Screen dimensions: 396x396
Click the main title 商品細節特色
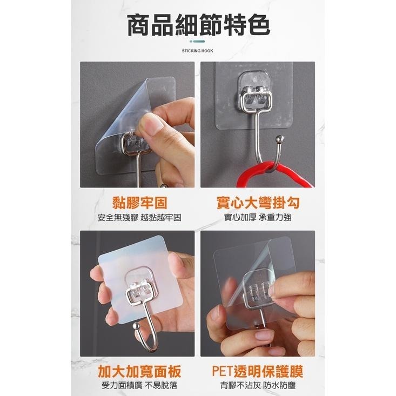pyautogui.click(x=198, y=25)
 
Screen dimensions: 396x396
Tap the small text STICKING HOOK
pyautogui.click(x=198, y=51)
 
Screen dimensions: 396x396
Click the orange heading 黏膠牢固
pyautogui.click(x=140, y=203)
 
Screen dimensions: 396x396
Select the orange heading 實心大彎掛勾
pyautogui.click(x=258, y=203)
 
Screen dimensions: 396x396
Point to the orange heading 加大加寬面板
pyautogui.click(x=140, y=371)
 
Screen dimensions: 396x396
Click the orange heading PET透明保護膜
pyautogui.click(x=257, y=371)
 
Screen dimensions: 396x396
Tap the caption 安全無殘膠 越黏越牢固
pyautogui.click(x=139, y=217)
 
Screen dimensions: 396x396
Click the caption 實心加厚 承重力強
pyautogui.click(x=258, y=217)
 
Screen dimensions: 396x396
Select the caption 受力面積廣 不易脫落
pyautogui.click(x=139, y=385)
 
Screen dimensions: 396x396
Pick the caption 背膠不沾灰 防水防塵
pyautogui.click(x=258, y=385)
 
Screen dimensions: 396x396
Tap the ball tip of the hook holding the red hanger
pyautogui.click(x=279, y=139)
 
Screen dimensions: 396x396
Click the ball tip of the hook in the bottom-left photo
pyautogui.click(x=136, y=326)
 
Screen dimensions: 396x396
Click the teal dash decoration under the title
pyautogui.click(x=198, y=42)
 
